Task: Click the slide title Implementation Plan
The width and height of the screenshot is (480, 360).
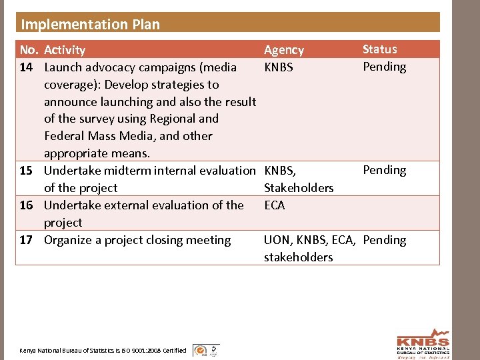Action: point(91,25)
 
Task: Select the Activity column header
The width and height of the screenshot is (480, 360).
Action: point(65,50)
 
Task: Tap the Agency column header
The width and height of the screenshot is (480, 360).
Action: point(284,50)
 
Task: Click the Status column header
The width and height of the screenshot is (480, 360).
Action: point(379,49)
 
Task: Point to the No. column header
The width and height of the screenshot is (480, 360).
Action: point(29,50)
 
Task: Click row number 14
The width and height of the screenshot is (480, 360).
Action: point(27,67)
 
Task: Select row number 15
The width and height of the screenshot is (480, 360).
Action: point(27,171)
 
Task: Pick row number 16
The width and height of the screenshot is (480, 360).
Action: point(27,205)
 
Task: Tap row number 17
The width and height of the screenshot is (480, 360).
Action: point(27,240)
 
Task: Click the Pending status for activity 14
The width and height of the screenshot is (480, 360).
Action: point(384,67)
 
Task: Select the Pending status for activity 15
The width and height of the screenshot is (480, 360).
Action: point(384,170)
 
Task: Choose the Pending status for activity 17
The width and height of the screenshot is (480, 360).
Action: point(385,240)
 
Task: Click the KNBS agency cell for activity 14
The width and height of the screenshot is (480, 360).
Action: point(279,67)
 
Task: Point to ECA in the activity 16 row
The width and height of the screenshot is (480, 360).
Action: point(275,205)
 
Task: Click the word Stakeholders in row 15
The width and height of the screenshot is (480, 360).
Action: point(299,188)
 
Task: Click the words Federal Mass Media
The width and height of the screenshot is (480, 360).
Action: point(91,136)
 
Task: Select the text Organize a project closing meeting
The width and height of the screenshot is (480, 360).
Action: point(137,240)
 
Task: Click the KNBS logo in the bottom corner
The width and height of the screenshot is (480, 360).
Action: point(423,343)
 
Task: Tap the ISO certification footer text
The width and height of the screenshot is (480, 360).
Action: point(103,350)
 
